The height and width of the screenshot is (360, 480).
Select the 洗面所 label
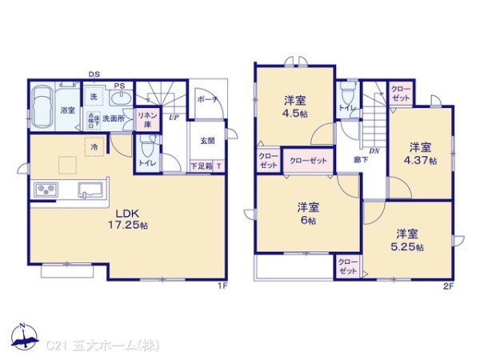coord(121,118)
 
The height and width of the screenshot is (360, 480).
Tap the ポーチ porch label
coord(207,101)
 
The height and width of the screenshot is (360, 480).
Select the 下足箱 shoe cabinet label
coord(201,166)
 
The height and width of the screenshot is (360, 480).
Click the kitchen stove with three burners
coord(46,190)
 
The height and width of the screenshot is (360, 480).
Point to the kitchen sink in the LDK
coord(88,190)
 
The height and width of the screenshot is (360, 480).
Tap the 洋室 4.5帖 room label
coord(294,106)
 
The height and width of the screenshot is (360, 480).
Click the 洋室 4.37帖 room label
coord(422,153)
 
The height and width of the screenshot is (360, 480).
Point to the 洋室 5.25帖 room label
coord(407,239)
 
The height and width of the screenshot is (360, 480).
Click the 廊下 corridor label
coord(361,160)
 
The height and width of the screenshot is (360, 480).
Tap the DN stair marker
coord(373,150)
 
